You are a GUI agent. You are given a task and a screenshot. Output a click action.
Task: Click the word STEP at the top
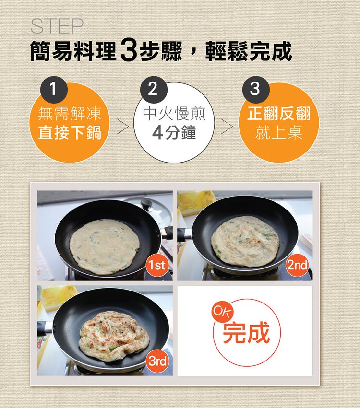57,26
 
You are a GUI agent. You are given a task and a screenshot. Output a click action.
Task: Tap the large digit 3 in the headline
129,50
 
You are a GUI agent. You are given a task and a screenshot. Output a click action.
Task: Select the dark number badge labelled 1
54,90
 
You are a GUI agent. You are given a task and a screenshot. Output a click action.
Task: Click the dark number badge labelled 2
153,90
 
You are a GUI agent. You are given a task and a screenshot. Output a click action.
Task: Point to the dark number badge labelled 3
255,90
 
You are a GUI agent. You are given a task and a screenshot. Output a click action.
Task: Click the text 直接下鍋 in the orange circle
70,133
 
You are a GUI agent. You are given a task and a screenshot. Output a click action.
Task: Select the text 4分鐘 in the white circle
174,133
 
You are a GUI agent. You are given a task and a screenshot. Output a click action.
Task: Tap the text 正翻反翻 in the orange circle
279,114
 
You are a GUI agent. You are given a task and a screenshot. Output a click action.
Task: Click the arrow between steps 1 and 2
122,127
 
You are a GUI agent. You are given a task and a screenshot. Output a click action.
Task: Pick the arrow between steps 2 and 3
227,127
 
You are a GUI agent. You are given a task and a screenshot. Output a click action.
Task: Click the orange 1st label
157,265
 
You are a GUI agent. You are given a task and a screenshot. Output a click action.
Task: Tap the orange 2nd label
297,265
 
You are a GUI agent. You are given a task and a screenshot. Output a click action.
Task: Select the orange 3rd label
157,361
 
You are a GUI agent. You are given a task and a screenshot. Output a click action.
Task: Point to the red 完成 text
246,332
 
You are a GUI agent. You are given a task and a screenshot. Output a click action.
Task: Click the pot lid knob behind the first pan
148,204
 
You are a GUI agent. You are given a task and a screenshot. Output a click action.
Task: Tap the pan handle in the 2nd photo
185,234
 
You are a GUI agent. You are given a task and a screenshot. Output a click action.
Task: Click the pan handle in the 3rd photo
45,327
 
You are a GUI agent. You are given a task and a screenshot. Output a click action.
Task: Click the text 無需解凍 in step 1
70,114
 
